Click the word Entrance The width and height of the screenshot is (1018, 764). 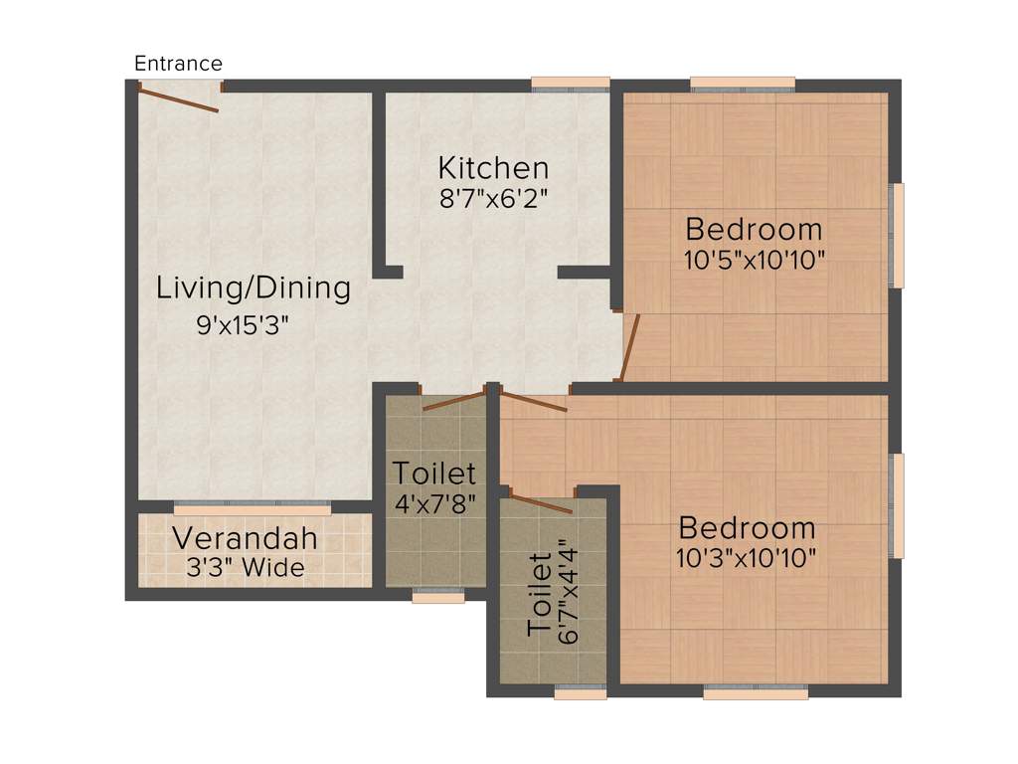point(178,64)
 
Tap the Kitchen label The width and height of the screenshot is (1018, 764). point(493,167)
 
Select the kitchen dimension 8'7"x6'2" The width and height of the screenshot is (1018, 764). point(494,197)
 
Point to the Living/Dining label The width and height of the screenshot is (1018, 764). point(254,288)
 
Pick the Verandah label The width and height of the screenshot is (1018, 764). point(245,539)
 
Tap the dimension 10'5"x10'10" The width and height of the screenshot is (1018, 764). point(755,260)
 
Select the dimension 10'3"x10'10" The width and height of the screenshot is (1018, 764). point(747,558)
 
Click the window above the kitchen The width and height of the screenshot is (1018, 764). point(570,85)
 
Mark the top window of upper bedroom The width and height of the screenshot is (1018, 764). point(744,85)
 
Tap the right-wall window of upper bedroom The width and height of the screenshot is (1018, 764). point(897,235)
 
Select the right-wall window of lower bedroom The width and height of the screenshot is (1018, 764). point(897,505)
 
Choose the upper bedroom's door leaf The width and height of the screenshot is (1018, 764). point(629,347)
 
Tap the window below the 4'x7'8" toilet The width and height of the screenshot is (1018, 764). point(437,597)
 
